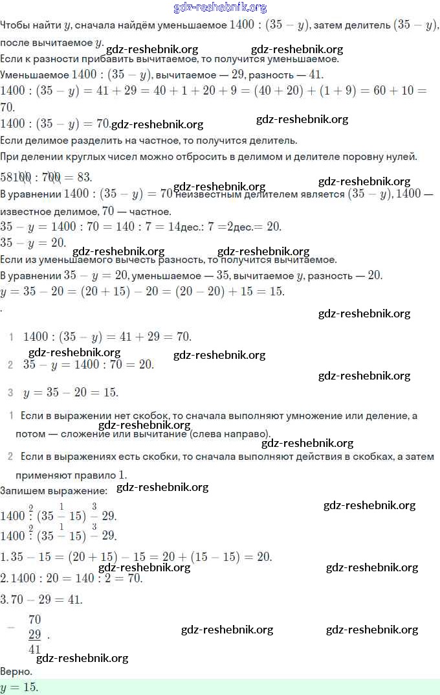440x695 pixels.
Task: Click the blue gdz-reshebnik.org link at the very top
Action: point(220,8)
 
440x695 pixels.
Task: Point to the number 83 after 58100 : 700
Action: point(83,177)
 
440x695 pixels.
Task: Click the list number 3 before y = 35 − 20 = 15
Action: point(10,393)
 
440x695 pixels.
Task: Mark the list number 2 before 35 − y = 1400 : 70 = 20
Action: point(10,365)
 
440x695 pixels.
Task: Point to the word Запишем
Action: point(22,490)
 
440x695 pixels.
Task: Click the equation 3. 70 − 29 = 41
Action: point(41,599)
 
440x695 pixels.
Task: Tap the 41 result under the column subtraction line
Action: point(35,649)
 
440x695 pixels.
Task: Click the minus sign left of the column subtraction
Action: point(10,628)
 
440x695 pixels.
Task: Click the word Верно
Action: point(17,672)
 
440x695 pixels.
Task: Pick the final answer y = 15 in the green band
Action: point(19,687)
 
